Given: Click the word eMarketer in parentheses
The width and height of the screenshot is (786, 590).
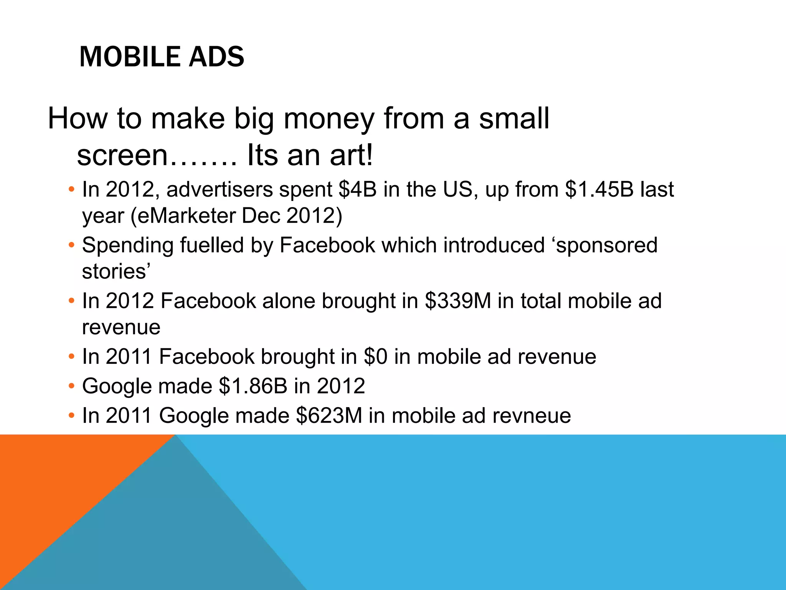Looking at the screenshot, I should point(186,215).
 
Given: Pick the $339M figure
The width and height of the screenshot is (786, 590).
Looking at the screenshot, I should point(458,301).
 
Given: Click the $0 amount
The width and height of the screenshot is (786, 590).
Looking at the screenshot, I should point(375,356).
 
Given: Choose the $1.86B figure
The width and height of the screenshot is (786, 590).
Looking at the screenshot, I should point(253,386).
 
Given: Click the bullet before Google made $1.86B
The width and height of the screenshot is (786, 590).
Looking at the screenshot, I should point(71,386).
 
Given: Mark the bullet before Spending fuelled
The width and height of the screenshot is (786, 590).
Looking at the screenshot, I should point(71,245).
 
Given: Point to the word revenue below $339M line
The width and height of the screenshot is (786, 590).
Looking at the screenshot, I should point(121,328).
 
